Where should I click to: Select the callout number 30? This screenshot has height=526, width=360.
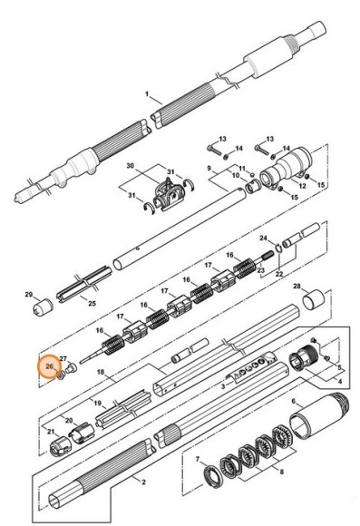pyautogui.click(x=130, y=167)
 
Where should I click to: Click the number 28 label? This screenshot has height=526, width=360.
pyautogui.click(x=296, y=286)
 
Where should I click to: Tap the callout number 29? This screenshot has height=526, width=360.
pyautogui.click(x=28, y=295)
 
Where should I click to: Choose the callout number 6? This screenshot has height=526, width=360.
pyautogui.click(x=293, y=401)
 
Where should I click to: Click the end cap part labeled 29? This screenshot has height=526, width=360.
pyautogui.click(x=38, y=309)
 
